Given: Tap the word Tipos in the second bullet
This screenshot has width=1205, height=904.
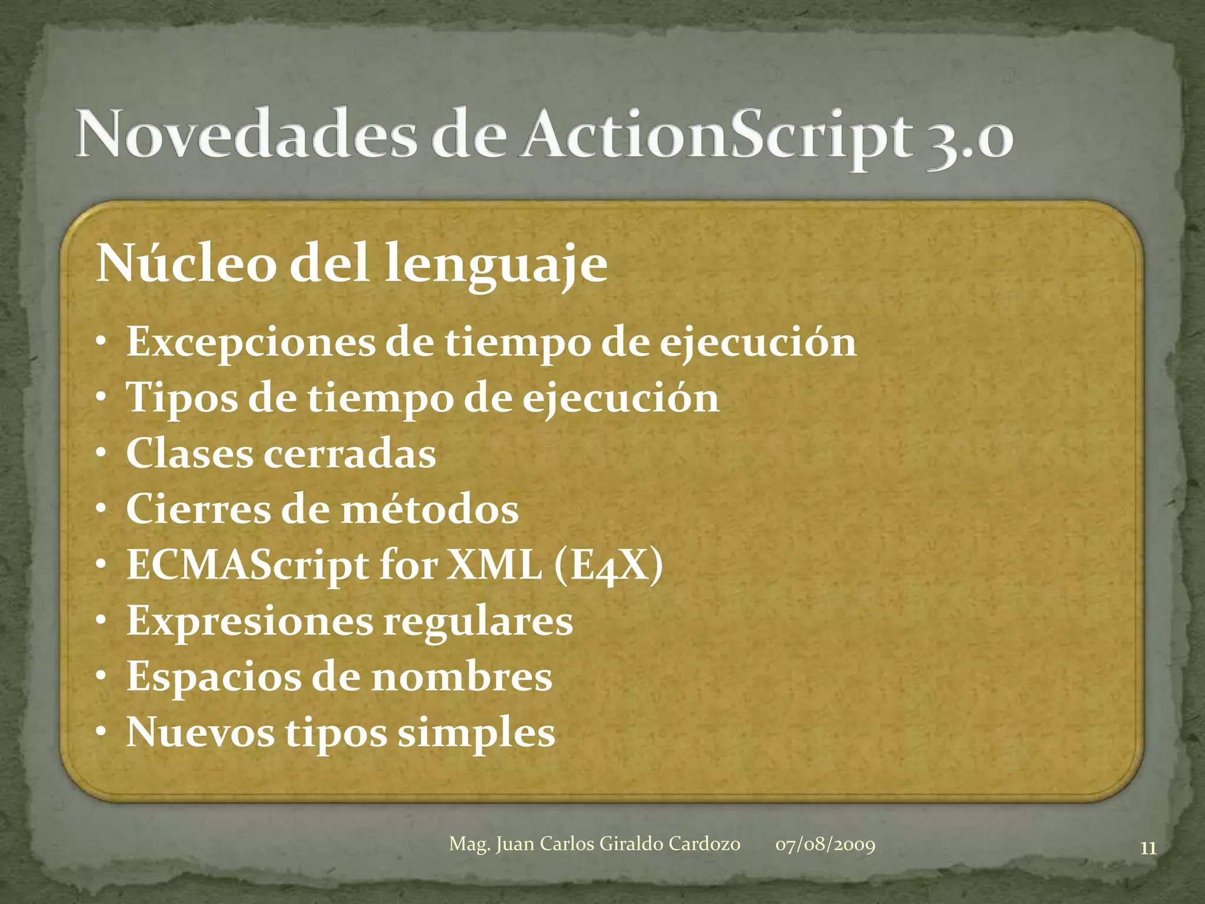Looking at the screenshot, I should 182,398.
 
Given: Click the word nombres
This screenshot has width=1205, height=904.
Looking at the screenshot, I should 462,677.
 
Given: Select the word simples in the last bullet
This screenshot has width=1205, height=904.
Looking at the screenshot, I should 476,733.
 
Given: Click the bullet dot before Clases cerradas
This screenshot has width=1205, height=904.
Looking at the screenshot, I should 102,453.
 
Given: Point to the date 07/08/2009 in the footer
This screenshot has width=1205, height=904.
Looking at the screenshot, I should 825,845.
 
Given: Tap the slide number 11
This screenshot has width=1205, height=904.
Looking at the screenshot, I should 1148,848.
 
